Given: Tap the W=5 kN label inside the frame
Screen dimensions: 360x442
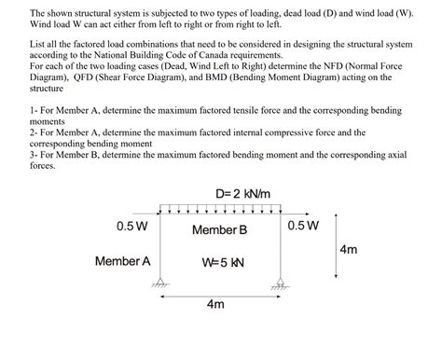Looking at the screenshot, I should tap(223, 262).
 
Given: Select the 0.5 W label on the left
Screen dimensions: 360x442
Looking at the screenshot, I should tap(131, 226).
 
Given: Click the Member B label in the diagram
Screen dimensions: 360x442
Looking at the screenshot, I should tap(219, 229).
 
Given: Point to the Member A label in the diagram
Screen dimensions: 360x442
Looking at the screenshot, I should tap(122, 261).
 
